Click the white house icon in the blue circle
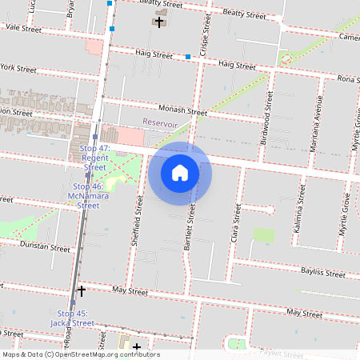click(x=179, y=173)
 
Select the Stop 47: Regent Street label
click(x=94, y=158)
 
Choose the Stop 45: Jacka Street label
click(x=75, y=318)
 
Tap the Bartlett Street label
click(x=190, y=229)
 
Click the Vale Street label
click(x=22, y=27)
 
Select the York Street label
click(x=19, y=70)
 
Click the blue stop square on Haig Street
click(x=188, y=57)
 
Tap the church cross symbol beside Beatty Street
click(x=159, y=22)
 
